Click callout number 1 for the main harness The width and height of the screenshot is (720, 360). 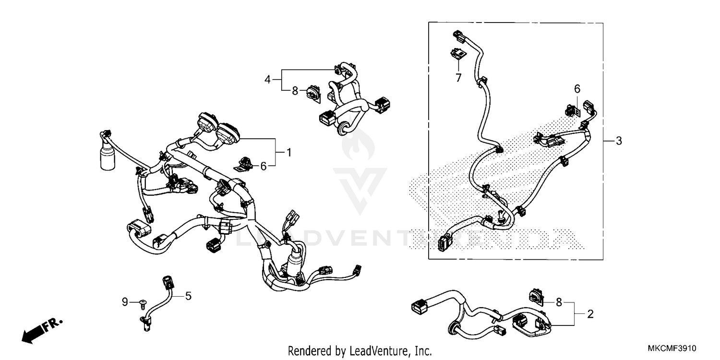289,152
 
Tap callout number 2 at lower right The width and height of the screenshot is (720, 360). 590,314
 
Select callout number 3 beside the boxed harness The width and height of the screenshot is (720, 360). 619,141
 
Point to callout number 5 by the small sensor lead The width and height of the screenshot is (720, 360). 188,296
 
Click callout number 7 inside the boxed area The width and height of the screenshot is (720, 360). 458,77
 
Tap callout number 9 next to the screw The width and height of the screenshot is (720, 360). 125,302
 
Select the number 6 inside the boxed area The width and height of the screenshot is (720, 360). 577,88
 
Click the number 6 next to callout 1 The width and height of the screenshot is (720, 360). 263,166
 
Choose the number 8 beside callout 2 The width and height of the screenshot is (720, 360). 559,302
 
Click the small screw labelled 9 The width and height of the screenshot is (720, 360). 143,302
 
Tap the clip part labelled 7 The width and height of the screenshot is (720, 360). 457,54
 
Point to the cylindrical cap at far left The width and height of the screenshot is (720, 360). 106,158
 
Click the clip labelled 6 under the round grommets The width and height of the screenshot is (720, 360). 244,163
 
